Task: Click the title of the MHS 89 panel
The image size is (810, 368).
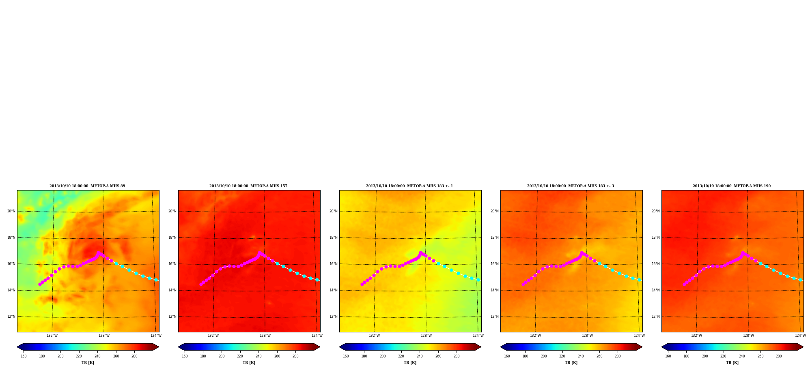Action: point(87,186)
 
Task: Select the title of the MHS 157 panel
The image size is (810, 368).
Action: point(248,186)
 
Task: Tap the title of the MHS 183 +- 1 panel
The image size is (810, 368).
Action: point(409,186)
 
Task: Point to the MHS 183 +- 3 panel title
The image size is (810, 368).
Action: point(571,186)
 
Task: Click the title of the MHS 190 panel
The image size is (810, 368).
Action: point(732,186)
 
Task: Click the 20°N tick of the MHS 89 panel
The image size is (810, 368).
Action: point(11,211)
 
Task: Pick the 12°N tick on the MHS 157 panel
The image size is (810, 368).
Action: point(172,317)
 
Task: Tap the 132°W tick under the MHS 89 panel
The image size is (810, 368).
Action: point(52,336)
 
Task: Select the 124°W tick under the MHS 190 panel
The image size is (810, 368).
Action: point(800,336)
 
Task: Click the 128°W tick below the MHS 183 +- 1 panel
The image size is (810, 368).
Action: point(426,336)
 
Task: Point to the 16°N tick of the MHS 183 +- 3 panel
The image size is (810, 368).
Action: point(495,264)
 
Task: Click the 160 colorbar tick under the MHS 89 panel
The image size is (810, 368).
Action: point(24,356)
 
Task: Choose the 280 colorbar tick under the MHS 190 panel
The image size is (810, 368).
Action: point(779,356)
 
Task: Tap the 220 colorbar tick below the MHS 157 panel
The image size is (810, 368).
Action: point(240,356)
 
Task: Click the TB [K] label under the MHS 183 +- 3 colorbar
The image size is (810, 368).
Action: point(571,363)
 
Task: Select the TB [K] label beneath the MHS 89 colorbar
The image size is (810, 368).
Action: point(88,363)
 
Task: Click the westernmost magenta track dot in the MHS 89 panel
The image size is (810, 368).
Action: point(40,284)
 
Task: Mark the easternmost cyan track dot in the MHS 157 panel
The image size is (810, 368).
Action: point(317,280)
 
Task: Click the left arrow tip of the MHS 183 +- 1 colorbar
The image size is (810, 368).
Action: point(340,347)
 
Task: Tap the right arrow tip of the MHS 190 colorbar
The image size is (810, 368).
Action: point(803,347)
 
